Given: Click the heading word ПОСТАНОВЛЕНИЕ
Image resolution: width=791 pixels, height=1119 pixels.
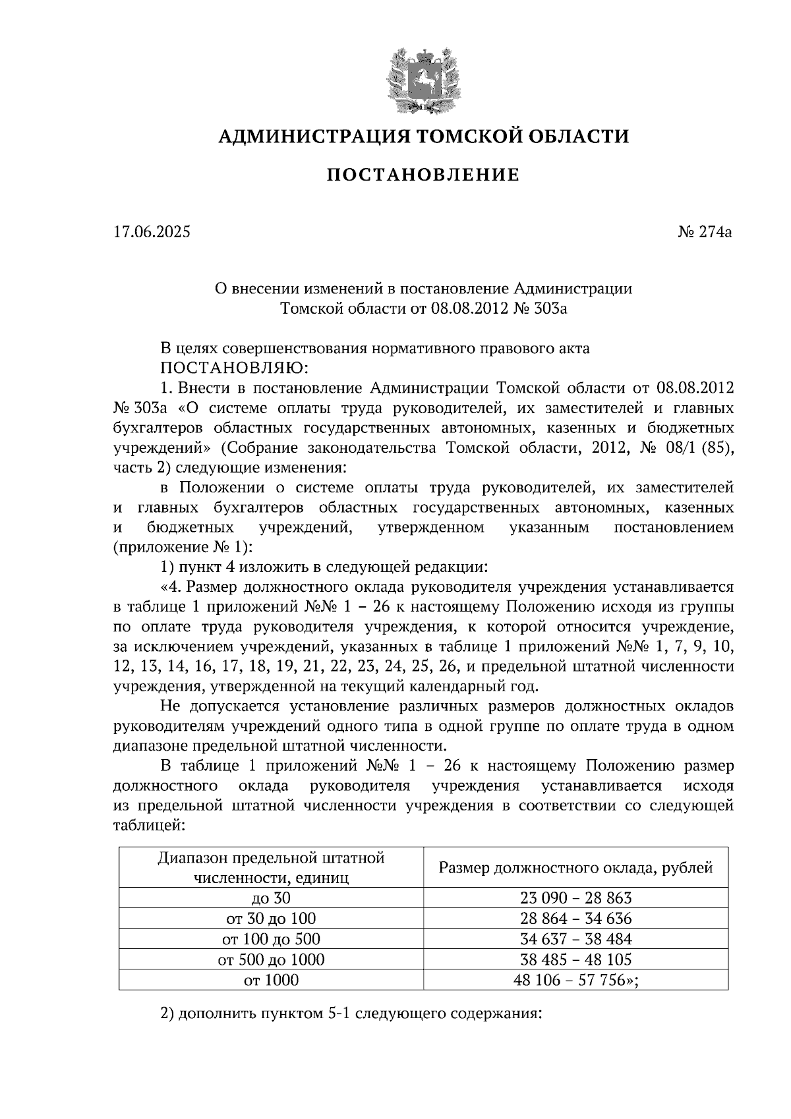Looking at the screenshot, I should [x=423, y=175].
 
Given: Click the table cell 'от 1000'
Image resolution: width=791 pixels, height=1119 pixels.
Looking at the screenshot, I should [x=270, y=981].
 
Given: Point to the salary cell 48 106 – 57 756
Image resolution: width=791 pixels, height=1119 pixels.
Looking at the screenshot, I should [x=575, y=981].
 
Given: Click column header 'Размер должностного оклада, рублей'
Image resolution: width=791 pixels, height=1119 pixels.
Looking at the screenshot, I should [x=575, y=868].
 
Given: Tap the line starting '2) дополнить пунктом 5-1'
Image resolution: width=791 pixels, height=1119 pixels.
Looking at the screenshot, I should [x=351, y=1014].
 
